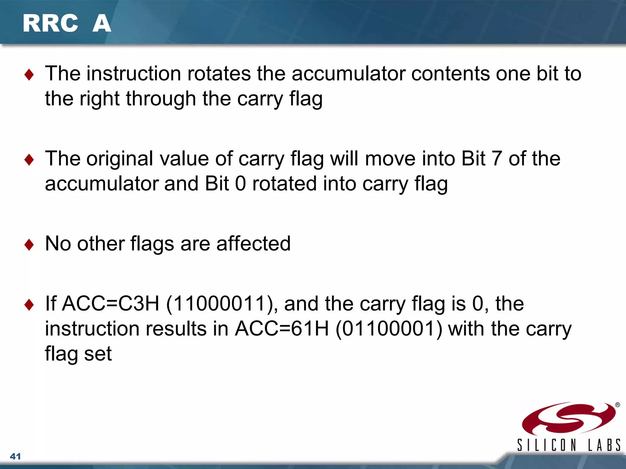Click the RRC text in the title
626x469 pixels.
[x=50, y=24]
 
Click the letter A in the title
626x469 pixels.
[x=101, y=24]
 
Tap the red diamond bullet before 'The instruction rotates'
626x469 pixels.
[x=29, y=75]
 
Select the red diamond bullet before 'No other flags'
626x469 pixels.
[x=29, y=245]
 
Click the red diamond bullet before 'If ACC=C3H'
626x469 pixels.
[x=29, y=304]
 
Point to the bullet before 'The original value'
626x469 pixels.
[x=29, y=159]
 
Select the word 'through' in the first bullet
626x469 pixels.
[x=161, y=99]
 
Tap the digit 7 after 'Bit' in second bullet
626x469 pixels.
[x=496, y=159]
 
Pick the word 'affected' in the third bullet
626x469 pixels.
[x=253, y=244]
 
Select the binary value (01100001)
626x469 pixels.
[x=389, y=329]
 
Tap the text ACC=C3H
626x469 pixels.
[x=111, y=304]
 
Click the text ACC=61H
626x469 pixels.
[x=282, y=329]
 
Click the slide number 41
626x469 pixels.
[x=15, y=456]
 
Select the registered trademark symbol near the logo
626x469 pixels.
[x=617, y=405]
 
